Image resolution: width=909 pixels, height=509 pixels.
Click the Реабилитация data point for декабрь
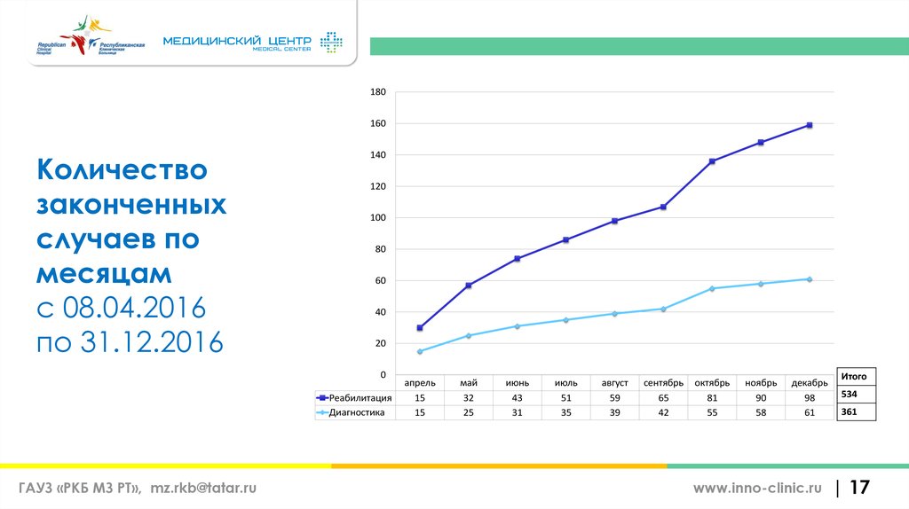810,125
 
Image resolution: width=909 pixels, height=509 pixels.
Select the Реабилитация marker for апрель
420,328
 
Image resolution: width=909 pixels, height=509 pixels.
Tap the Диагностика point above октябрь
712,288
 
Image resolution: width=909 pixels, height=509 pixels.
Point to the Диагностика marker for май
469,335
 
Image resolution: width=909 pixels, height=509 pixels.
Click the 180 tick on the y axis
377,92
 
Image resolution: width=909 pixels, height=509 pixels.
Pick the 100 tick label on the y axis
377,218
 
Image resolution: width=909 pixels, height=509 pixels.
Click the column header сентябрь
663,383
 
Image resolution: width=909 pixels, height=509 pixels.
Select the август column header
614,383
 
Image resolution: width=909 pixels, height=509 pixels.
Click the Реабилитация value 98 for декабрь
810,398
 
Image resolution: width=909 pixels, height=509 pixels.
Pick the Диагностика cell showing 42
663,413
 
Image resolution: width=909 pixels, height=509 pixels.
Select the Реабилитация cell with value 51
565,398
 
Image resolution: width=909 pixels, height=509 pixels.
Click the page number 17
860,488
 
